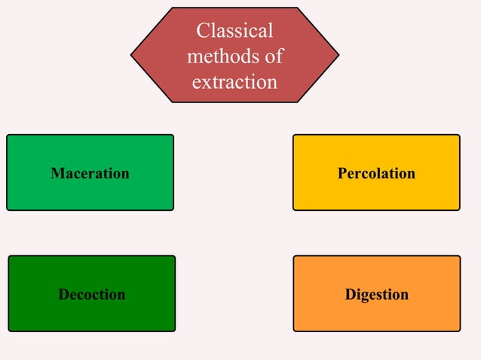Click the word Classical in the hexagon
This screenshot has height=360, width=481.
(x=234, y=31)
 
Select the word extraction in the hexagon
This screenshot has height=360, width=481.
(x=234, y=81)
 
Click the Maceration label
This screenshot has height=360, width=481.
(x=90, y=173)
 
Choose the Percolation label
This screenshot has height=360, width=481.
(x=376, y=173)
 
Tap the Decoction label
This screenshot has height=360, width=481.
(x=92, y=294)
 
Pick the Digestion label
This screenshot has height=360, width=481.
(x=376, y=294)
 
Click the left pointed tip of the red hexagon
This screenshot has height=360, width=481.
(x=132, y=55)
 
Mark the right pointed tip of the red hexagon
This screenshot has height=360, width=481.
(x=339, y=55)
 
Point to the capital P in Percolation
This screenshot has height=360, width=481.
(x=342, y=173)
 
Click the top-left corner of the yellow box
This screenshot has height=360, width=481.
(x=294, y=136)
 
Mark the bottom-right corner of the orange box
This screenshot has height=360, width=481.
(x=459, y=330)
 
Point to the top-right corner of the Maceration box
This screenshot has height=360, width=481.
(x=173, y=136)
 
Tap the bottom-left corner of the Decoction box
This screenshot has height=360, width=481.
(x=9, y=330)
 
